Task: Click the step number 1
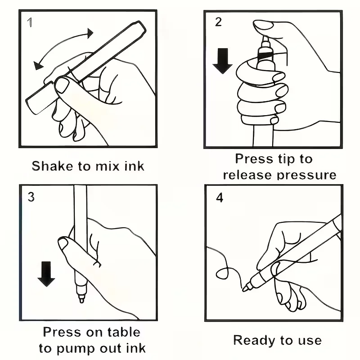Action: coord(30,22)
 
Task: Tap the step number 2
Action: coord(218,22)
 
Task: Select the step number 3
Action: coord(31,197)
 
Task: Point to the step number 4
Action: coord(220,198)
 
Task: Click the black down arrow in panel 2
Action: coord(222,61)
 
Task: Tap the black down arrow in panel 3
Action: coord(46,274)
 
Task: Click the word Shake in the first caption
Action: coord(52,166)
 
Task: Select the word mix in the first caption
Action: coord(108,166)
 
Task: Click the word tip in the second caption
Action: coord(286,159)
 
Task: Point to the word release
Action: coord(247,175)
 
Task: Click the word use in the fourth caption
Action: coord(310,341)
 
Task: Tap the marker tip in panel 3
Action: coord(81,300)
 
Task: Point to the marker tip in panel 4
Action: coord(244,288)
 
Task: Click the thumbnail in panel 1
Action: coord(62,85)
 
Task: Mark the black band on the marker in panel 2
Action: coord(265,55)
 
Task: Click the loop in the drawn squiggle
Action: coord(222,273)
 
